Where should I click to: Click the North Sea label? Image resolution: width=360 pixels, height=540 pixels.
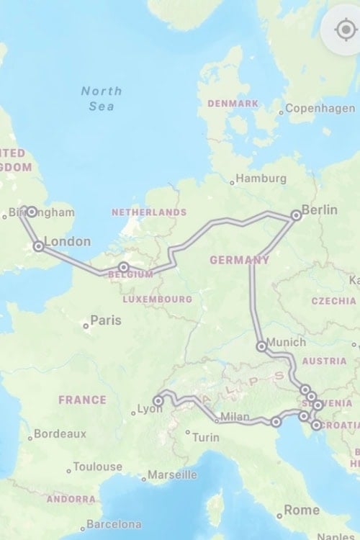(x=101, y=99)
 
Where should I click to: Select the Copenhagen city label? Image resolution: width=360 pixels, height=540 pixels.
(x=320, y=109)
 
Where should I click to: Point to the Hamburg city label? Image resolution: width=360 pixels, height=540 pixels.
(x=261, y=179)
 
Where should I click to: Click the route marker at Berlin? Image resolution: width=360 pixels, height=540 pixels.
(x=296, y=215)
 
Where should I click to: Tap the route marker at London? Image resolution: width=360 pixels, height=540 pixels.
(x=38, y=246)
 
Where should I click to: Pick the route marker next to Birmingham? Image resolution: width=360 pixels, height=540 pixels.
(x=32, y=212)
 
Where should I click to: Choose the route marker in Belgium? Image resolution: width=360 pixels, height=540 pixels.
(x=124, y=267)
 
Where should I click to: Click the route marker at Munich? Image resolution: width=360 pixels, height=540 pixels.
(x=262, y=346)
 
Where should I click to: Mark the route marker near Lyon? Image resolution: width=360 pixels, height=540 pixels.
(x=158, y=400)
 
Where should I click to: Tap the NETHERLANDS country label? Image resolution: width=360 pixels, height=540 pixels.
(x=149, y=212)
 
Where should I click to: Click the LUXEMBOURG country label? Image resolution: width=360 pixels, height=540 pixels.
(x=157, y=299)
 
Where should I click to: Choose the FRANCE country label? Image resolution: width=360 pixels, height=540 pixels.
(x=82, y=400)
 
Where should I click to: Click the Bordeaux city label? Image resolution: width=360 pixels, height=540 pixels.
(x=59, y=434)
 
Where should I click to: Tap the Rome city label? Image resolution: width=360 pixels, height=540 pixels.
(x=302, y=510)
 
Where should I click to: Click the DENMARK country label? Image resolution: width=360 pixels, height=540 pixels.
(x=233, y=104)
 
